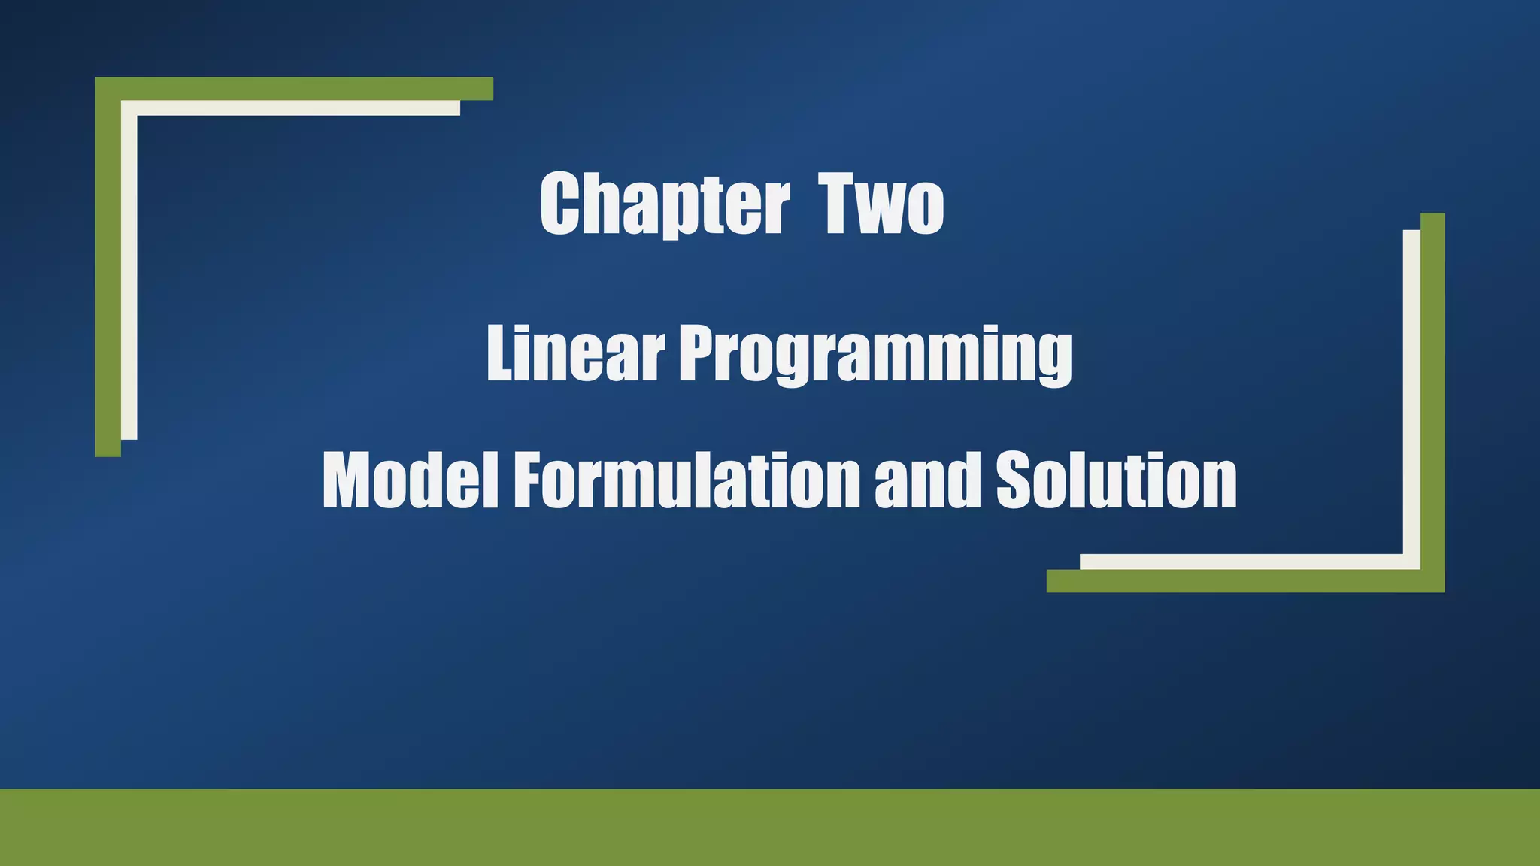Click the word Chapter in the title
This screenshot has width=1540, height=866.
tap(665, 204)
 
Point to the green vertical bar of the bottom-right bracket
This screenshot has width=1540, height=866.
tap(1432, 391)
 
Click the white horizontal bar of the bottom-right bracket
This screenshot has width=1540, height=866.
tap(1241, 562)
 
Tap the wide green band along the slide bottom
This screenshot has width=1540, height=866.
tap(770, 827)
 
